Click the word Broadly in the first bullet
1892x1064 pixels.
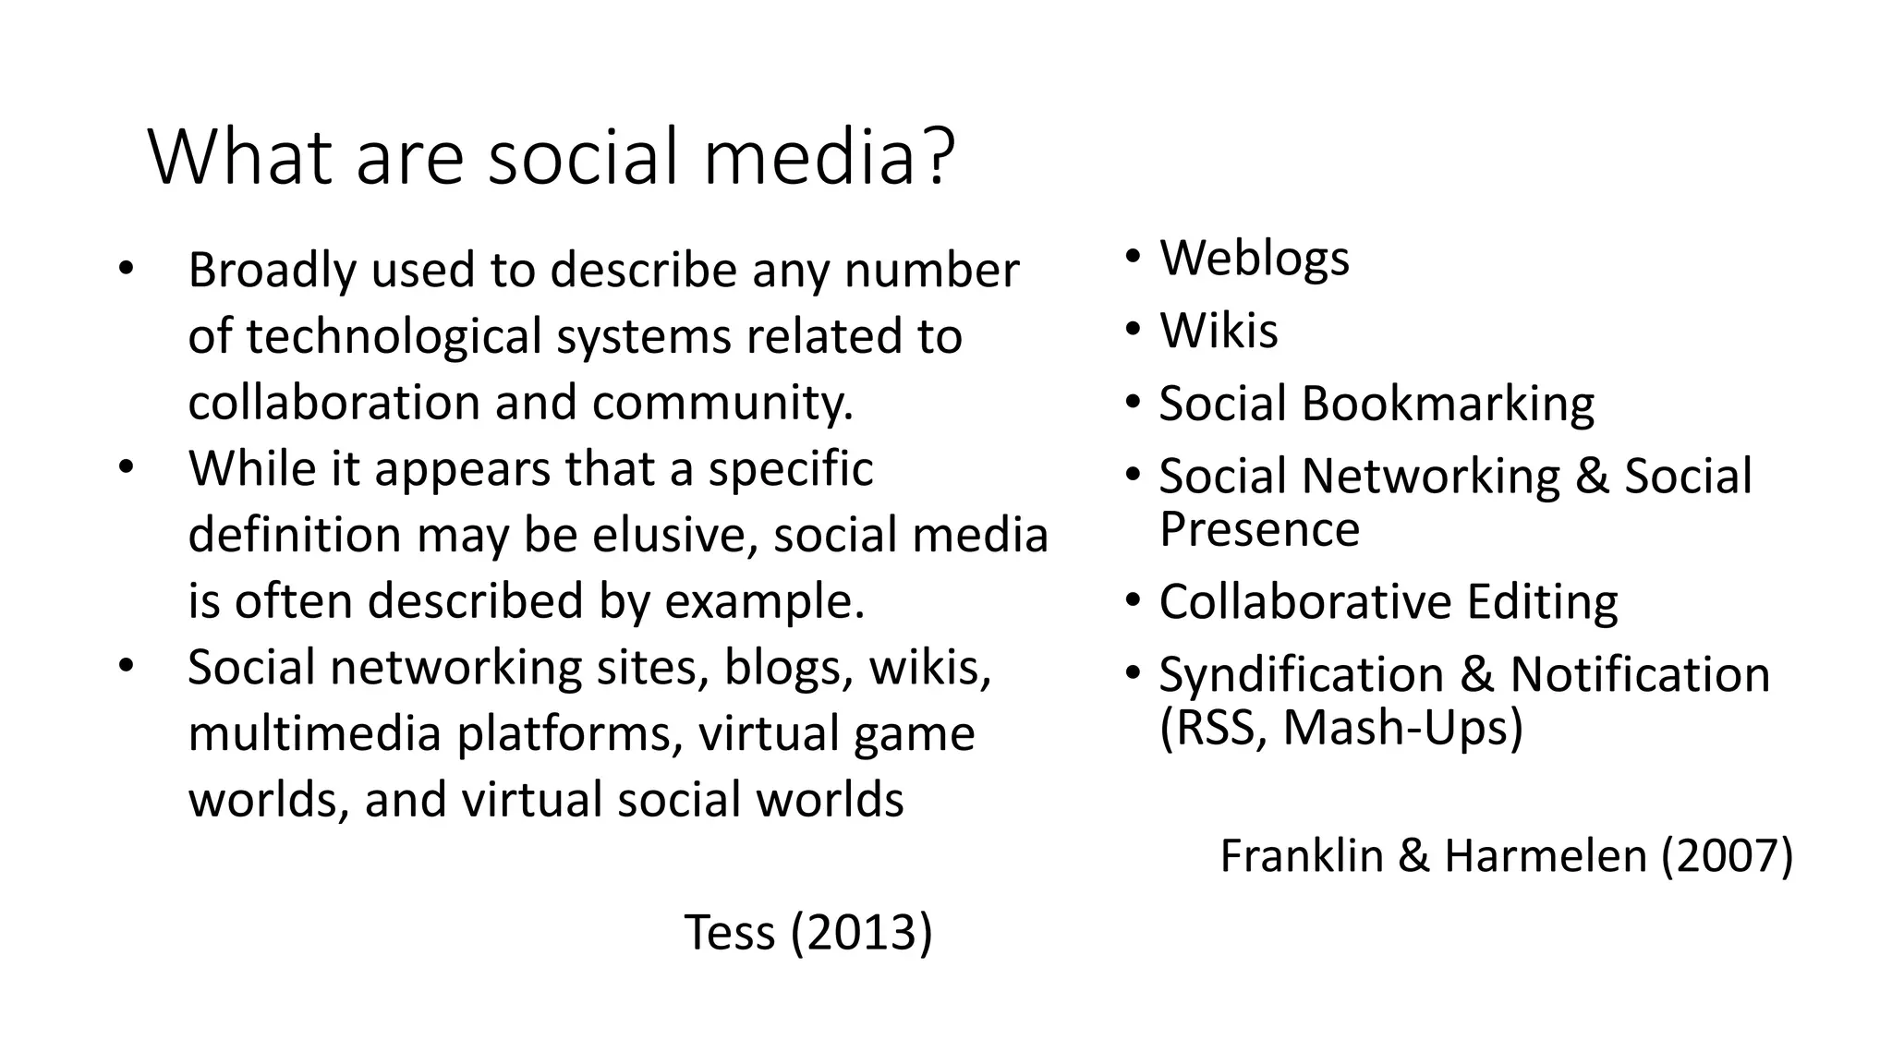tap(271, 271)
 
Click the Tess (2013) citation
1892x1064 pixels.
tap(808, 932)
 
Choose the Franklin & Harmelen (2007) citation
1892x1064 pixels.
tap(1506, 855)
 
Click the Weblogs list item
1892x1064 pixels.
tap(1254, 258)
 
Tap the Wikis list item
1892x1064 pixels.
tap(1219, 331)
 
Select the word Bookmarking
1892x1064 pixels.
tap(1448, 405)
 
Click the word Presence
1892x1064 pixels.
tap(1259, 529)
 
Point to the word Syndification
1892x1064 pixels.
tap(1301, 674)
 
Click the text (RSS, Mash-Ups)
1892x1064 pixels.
tap(1340, 728)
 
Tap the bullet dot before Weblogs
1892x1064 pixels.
tap(1133, 258)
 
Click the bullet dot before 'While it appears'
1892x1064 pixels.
tap(126, 467)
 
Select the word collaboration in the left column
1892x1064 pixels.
tap(334, 404)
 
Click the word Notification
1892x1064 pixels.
tap(1640, 674)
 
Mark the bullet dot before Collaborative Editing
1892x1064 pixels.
tap(1133, 602)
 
